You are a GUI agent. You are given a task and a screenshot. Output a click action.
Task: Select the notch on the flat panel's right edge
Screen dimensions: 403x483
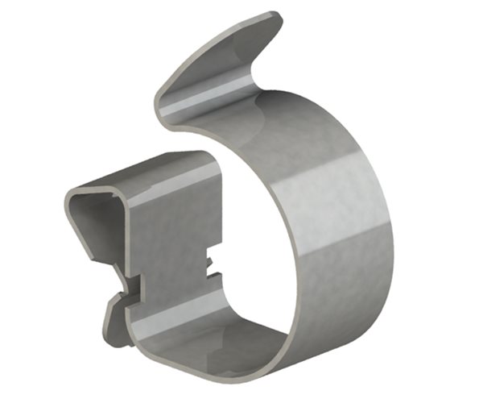211,263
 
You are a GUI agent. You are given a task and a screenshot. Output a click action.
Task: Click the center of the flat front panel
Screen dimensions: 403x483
173,242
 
